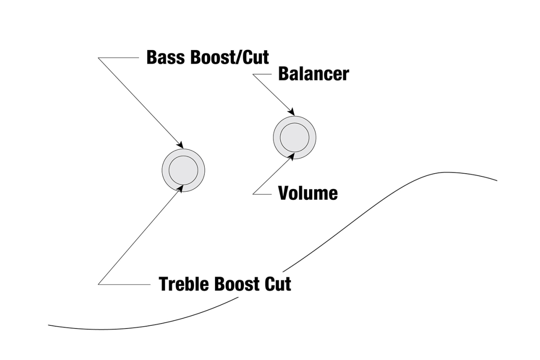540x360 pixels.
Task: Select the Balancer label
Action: [x=313, y=74]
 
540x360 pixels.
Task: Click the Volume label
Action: [x=308, y=193]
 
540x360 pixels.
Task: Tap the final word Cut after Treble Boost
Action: [x=278, y=284]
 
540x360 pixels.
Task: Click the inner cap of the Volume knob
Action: [x=295, y=137]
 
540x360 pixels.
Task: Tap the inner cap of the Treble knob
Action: [x=183, y=170]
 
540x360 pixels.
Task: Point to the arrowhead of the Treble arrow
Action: [x=181, y=188]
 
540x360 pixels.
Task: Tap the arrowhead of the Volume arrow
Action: [x=293, y=156]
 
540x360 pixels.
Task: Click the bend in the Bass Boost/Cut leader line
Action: [x=99, y=58]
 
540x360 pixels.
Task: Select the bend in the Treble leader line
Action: [x=99, y=284]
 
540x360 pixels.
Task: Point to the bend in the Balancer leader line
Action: [x=253, y=75]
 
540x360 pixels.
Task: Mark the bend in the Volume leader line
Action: [x=253, y=193]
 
